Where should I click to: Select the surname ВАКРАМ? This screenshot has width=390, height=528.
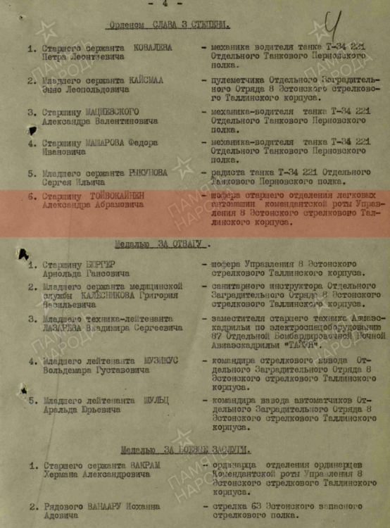point(144,465)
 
